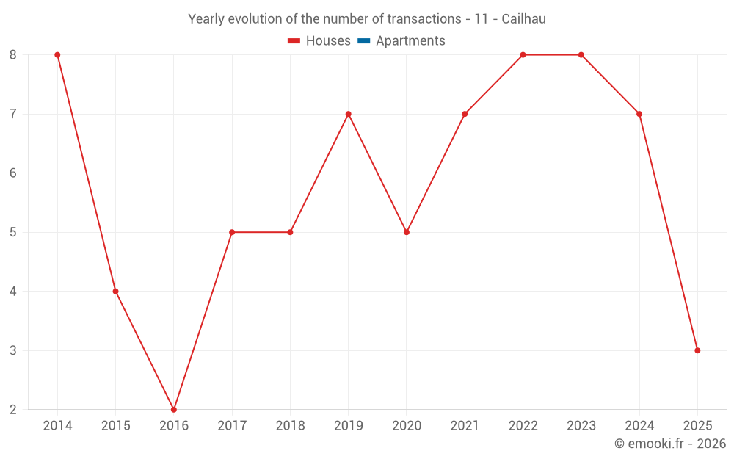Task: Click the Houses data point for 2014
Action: click(57, 55)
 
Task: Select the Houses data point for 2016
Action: click(174, 409)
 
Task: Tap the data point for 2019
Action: click(348, 114)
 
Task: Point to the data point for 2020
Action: click(407, 232)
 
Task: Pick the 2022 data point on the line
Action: click(523, 55)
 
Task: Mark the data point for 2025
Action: click(697, 350)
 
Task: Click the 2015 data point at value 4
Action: click(115, 291)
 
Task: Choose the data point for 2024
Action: click(639, 114)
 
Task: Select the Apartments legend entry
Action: click(410, 41)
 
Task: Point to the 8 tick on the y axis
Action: click(13, 55)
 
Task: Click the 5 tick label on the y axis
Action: click(13, 232)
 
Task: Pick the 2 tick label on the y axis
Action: click(13, 409)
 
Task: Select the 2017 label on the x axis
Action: click(232, 425)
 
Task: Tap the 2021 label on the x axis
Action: click(465, 425)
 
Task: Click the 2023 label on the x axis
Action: click(581, 425)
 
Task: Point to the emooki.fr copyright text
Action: click(670, 444)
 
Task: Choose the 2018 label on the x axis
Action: click(290, 425)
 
